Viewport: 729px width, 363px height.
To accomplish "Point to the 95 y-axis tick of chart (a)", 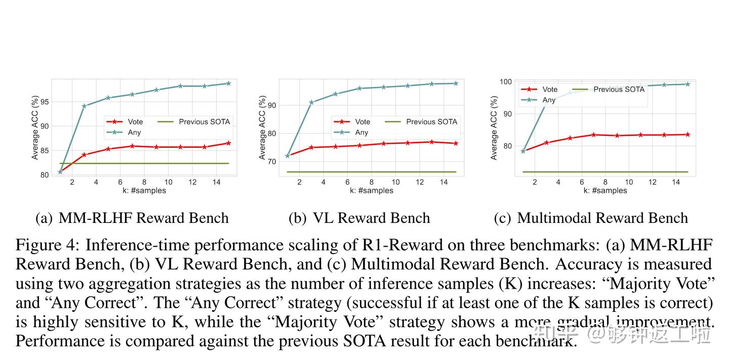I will pyautogui.click(x=45, y=102).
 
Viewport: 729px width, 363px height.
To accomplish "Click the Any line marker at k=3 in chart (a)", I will pyautogui.click(x=84, y=106).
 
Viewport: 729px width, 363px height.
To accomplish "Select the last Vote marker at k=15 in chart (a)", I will pyautogui.click(x=228, y=143).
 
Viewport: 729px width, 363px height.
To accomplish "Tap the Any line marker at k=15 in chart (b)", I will pyautogui.click(x=456, y=83).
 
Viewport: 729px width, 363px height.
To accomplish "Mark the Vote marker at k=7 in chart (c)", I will pyautogui.click(x=594, y=134).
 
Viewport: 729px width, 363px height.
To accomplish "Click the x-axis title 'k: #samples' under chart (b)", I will pyautogui.click(x=371, y=191).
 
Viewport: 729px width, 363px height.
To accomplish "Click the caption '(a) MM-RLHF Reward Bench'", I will pyautogui.click(x=132, y=218).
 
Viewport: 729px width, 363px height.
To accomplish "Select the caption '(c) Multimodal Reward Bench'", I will pyautogui.click(x=591, y=218).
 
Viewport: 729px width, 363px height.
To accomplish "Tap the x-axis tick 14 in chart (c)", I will pyautogui.click(x=676, y=182).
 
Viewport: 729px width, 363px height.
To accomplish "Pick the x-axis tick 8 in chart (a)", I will pyautogui.click(x=144, y=182).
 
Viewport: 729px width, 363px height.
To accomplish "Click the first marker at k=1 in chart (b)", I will pyautogui.click(x=288, y=156).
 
